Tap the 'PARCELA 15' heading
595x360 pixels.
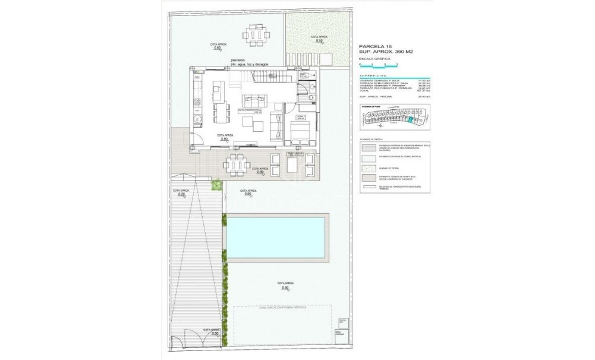pyautogui.click(x=376, y=46)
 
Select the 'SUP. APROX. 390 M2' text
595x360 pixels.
pyautogui.click(x=386, y=52)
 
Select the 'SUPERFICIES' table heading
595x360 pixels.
pyautogui.click(x=373, y=76)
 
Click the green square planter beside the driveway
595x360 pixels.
pyautogui.click(x=217, y=185)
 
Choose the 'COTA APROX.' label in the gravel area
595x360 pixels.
pyautogui.click(x=319, y=38)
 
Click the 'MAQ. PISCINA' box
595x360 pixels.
pyautogui.click(x=339, y=333)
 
